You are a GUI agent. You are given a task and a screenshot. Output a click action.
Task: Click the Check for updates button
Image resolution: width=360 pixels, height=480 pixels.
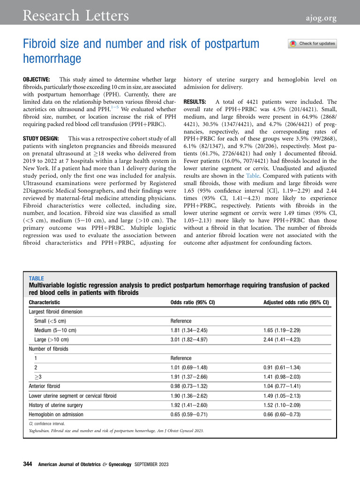(312, 44)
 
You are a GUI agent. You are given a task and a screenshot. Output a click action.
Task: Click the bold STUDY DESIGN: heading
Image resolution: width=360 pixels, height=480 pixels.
(42, 139)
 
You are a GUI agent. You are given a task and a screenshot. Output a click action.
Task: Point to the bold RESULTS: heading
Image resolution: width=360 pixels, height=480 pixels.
(196, 102)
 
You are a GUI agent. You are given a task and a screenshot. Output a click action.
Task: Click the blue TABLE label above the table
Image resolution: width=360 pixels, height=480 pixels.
(36, 278)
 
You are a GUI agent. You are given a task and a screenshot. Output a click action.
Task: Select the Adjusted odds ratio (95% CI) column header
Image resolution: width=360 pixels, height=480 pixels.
(296, 302)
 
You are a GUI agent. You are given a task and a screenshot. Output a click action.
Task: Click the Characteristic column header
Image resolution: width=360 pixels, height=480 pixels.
(45, 302)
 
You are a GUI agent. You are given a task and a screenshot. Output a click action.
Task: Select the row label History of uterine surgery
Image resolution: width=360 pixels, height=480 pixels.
(56, 405)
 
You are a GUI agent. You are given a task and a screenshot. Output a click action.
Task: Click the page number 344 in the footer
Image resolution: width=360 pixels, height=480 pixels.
(27, 465)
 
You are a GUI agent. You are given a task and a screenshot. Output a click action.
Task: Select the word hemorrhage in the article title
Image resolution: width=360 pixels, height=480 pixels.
(52, 59)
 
